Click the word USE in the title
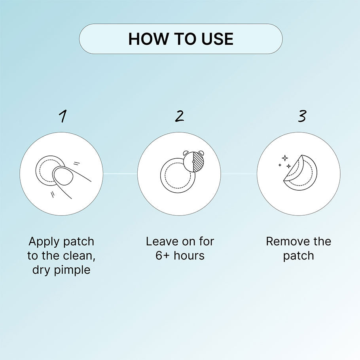click(x=217, y=39)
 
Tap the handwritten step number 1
click(x=63, y=116)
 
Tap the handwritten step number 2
click(x=180, y=116)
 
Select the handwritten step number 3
click(x=302, y=116)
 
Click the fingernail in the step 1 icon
click(x=63, y=176)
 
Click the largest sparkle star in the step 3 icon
click(x=285, y=158)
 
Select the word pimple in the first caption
click(x=72, y=270)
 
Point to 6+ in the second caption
click(x=163, y=256)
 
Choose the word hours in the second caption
click(x=189, y=256)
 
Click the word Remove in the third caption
click(x=285, y=242)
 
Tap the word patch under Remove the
click(x=298, y=256)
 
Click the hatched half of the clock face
click(x=198, y=161)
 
